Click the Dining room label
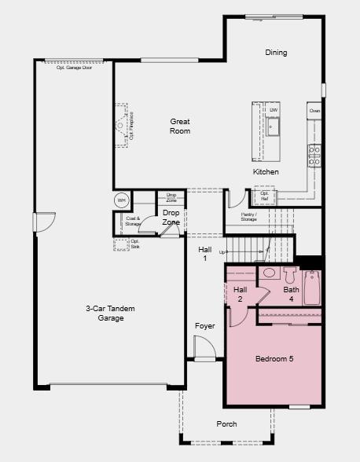tap(276, 53)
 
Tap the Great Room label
tap(180, 126)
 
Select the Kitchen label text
tap(266, 172)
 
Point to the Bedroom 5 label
tap(274, 359)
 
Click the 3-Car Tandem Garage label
tap(105, 313)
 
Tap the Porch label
tap(226, 424)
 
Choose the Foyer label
tap(205, 326)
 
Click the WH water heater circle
tap(121, 200)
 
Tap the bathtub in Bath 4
tap(313, 288)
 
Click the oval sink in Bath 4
tap(269, 273)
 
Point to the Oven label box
tap(314, 112)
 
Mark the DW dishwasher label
tap(273, 110)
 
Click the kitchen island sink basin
tap(274, 126)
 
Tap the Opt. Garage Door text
tap(74, 68)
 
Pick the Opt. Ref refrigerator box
tap(263, 196)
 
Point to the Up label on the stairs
tap(222, 251)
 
